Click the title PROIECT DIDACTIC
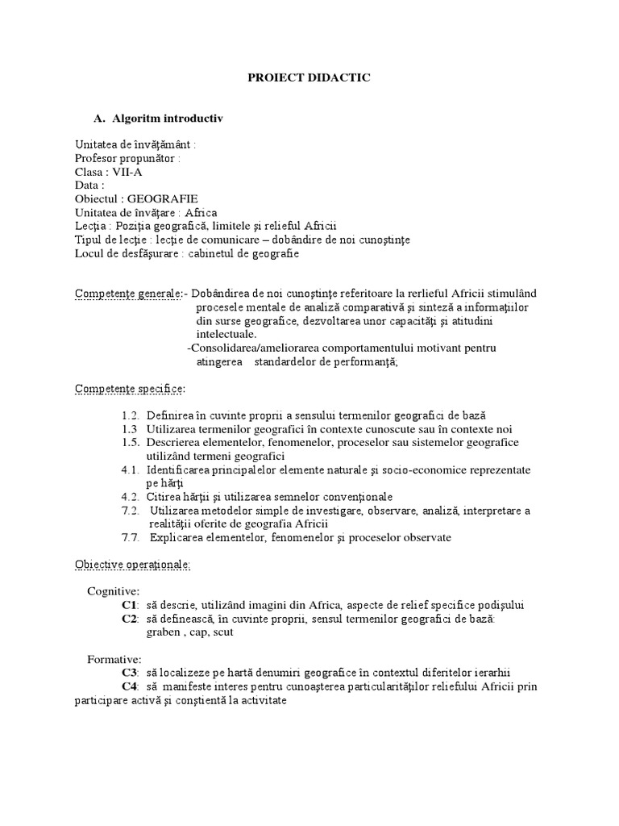point(309,77)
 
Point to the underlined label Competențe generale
point(128,294)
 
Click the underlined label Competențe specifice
point(129,390)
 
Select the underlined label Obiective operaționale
point(132,565)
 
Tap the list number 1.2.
point(131,415)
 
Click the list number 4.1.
point(131,469)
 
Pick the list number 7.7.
point(131,537)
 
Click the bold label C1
point(130,605)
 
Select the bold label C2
point(130,619)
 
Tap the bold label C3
point(130,673)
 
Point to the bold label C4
point(130,686)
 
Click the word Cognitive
point(114,591)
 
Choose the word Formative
point(114,659)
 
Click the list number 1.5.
point(131,443)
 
